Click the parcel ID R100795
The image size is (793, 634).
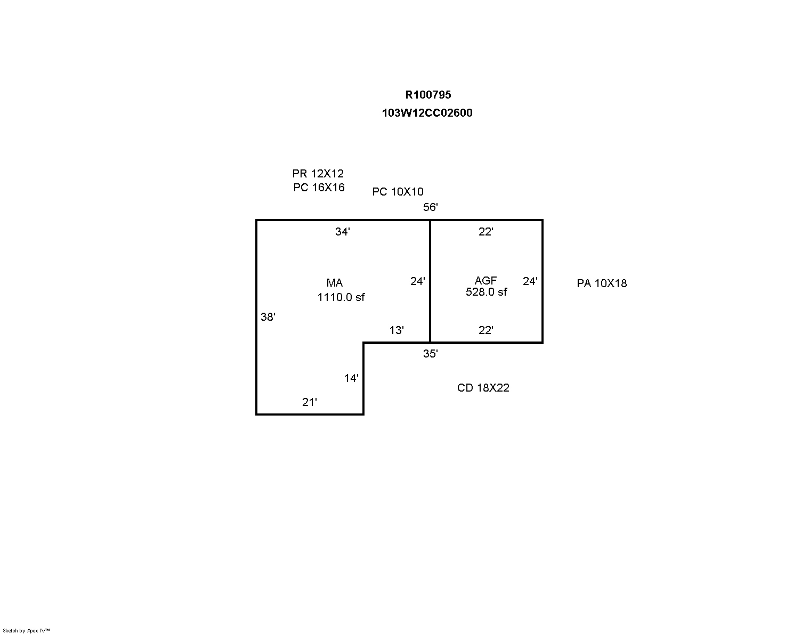(x=428, y=95)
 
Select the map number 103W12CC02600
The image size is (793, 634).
(x=427, y=113)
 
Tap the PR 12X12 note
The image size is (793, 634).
(x=318, y=174)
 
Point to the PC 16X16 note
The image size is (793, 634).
(x=319, y=188)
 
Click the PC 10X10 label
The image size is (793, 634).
(x=398, y=192)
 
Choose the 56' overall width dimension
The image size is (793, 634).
(x=430, y=207)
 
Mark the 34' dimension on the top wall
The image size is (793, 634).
(x=342, y=232)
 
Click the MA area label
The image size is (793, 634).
(x=335, y=283)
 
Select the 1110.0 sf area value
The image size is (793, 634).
(x=341, y=297)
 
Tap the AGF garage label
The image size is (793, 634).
(x=485, y=280)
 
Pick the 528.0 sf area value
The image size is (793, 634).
(x=486, y=292)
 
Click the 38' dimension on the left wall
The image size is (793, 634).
(x=268, y=317)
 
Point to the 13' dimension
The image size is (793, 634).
(x=396, y=330)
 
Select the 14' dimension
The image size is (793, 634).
(x=351, y=378)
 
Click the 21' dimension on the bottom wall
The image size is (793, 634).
(x=309, y=402)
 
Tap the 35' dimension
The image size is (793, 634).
(x=430, y=354)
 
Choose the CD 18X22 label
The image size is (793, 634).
(x=483, y=388)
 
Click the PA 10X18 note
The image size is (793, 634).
(x=602, y=283)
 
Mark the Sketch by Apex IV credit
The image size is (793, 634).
(x=26, y=630)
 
